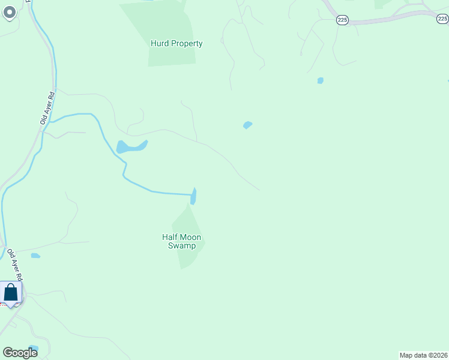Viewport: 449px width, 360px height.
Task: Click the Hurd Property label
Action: (x=176, y=43)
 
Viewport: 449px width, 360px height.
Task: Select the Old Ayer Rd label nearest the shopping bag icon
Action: (x=14, y=265)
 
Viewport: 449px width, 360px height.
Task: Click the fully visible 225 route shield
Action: (x=342, y=20)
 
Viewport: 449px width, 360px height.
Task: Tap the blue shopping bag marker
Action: (x=11, y=293)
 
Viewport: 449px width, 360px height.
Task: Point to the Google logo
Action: (x=20, y=352)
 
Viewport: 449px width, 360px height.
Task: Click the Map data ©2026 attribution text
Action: (x=423, y=355)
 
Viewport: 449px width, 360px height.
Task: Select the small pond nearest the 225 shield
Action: (x=321, y=80)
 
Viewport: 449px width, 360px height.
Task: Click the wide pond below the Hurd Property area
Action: (x=130, y=146)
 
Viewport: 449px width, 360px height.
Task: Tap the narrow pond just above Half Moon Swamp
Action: (x=193, y=196)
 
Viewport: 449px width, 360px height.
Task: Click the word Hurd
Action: (x=158, y=43)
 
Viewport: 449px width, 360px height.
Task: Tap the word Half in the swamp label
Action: (x=170, y=237)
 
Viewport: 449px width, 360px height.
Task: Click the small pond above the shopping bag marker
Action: (x=35, y=256)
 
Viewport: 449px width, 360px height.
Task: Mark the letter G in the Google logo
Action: (x=8, y=352)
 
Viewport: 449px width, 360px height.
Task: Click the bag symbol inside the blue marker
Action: (x=11, y=293)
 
